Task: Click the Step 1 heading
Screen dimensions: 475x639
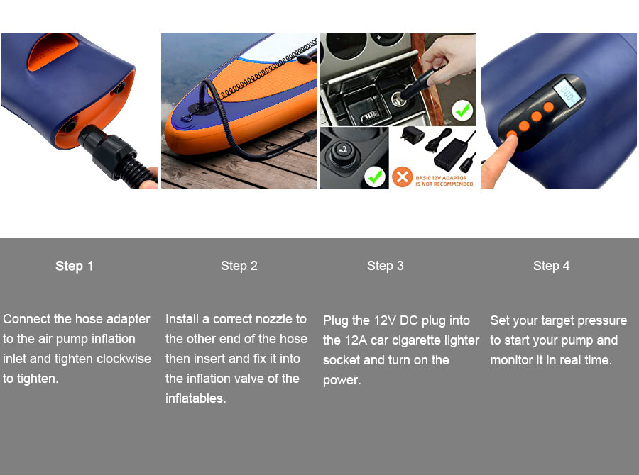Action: (x=75, y=266)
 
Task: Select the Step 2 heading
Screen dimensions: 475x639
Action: (x=239, y=266)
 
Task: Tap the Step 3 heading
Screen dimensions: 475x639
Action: (x=386, y=266)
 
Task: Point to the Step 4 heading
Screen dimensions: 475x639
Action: (x=552, y=266)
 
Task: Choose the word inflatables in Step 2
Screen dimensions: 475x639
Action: (x=196, y=398)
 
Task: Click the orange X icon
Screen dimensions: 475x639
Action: (x=403, y=177)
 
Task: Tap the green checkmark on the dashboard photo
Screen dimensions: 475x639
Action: (x=462, y=111)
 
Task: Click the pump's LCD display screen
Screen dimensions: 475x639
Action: (x=569, y=92)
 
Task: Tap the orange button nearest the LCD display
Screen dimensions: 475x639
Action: (x=549, y=107)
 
